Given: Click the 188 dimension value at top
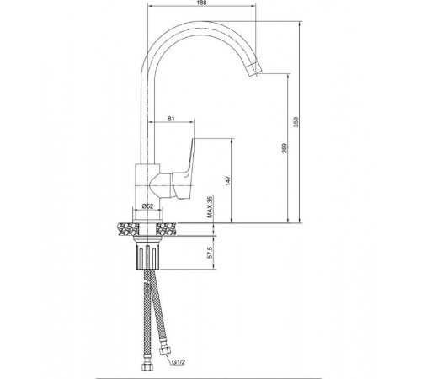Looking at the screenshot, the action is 202,3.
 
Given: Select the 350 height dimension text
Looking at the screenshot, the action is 296,121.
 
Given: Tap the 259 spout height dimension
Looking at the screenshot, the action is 285,148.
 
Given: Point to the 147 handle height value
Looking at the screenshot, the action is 228,180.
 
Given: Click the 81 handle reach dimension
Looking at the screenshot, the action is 171,119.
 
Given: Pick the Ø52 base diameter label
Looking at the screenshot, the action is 148,206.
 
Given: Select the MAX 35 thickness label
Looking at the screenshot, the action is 210,207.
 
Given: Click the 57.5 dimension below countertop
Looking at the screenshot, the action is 211,253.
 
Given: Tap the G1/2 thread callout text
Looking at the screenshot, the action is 179,362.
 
